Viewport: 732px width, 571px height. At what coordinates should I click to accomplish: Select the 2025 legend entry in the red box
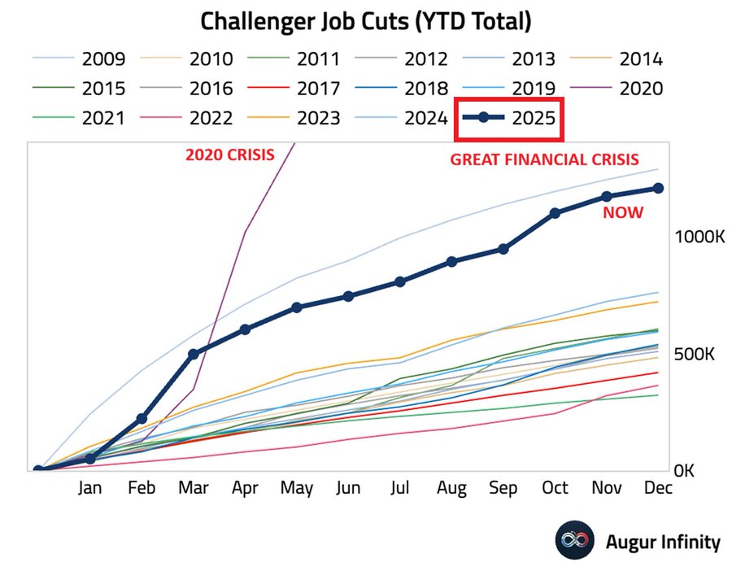coord(511,118)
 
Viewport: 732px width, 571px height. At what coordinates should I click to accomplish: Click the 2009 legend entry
coord(80,59)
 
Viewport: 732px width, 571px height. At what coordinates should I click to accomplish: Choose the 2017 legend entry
coord(294,89)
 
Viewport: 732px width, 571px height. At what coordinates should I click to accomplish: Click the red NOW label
coord(622,213)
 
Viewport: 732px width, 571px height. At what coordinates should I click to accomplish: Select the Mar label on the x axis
coord(194,489)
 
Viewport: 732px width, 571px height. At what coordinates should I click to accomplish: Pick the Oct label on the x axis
coord(555,489)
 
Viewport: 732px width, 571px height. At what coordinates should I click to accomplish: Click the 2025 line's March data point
coord(194,354)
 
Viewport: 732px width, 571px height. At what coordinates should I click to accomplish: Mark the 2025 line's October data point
coord(555,213)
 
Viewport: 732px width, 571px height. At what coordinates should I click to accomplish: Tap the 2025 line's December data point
coord(659,188)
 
